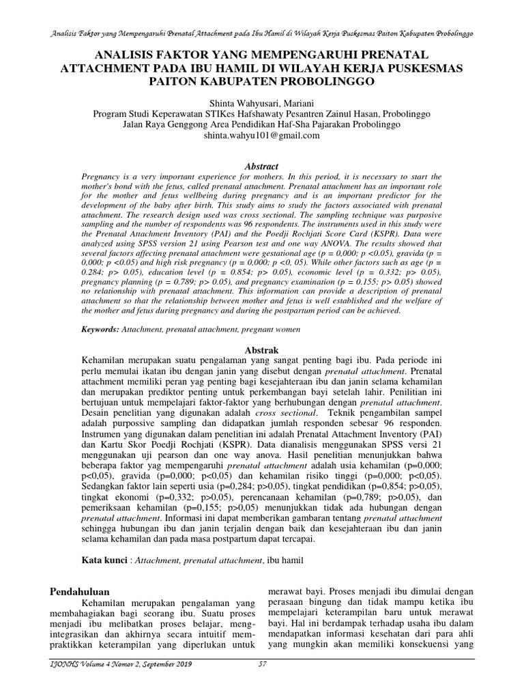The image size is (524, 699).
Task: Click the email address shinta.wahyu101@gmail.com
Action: [261, 136]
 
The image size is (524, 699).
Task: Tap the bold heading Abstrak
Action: [262, 349]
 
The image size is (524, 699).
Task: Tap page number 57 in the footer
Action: [262, 664]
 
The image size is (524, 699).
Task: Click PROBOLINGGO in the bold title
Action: [322, 81]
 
